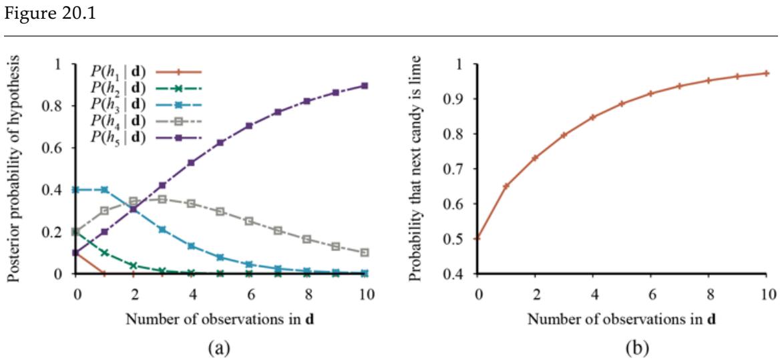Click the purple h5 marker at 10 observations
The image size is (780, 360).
365,85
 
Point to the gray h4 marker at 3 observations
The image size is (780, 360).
162,199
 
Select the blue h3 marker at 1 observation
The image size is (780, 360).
104,190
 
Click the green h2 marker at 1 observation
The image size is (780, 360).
104,252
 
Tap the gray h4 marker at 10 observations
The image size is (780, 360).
365,252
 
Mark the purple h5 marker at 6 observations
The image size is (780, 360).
248,126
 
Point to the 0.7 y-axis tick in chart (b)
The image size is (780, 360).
460,169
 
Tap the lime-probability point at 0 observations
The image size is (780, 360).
477,238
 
